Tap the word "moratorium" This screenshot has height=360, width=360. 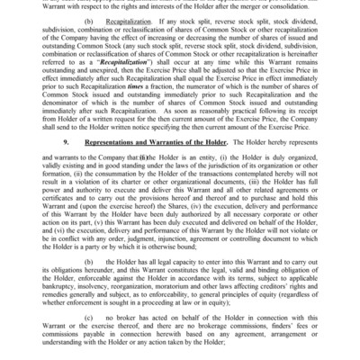pyautogui.click(x=195, y=285)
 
